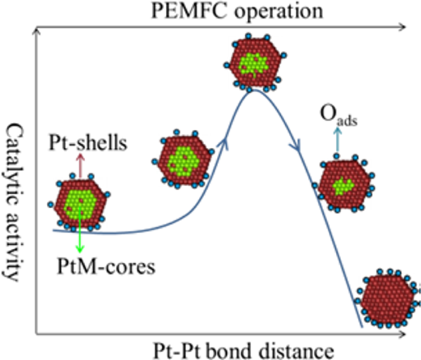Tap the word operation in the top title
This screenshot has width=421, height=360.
279,12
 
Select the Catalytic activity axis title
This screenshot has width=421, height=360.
13,202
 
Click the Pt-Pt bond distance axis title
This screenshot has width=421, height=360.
244,350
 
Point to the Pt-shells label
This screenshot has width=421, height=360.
88,142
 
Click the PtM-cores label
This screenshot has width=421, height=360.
106,266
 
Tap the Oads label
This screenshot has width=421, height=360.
338,115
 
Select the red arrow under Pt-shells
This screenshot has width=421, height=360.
80,166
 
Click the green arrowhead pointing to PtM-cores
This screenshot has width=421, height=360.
79,248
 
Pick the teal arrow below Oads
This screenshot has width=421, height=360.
337,140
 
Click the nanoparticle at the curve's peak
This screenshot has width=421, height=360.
255,63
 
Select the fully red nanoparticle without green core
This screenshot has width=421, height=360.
388,299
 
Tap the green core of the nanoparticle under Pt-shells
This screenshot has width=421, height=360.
80,204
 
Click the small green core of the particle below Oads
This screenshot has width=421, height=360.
343,186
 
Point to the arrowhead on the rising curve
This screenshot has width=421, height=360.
224,143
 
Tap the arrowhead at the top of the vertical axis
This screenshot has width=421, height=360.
36,31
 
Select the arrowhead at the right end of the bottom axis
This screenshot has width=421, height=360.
402,334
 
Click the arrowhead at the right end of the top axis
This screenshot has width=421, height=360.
402,27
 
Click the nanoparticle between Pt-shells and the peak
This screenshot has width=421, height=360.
183,160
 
